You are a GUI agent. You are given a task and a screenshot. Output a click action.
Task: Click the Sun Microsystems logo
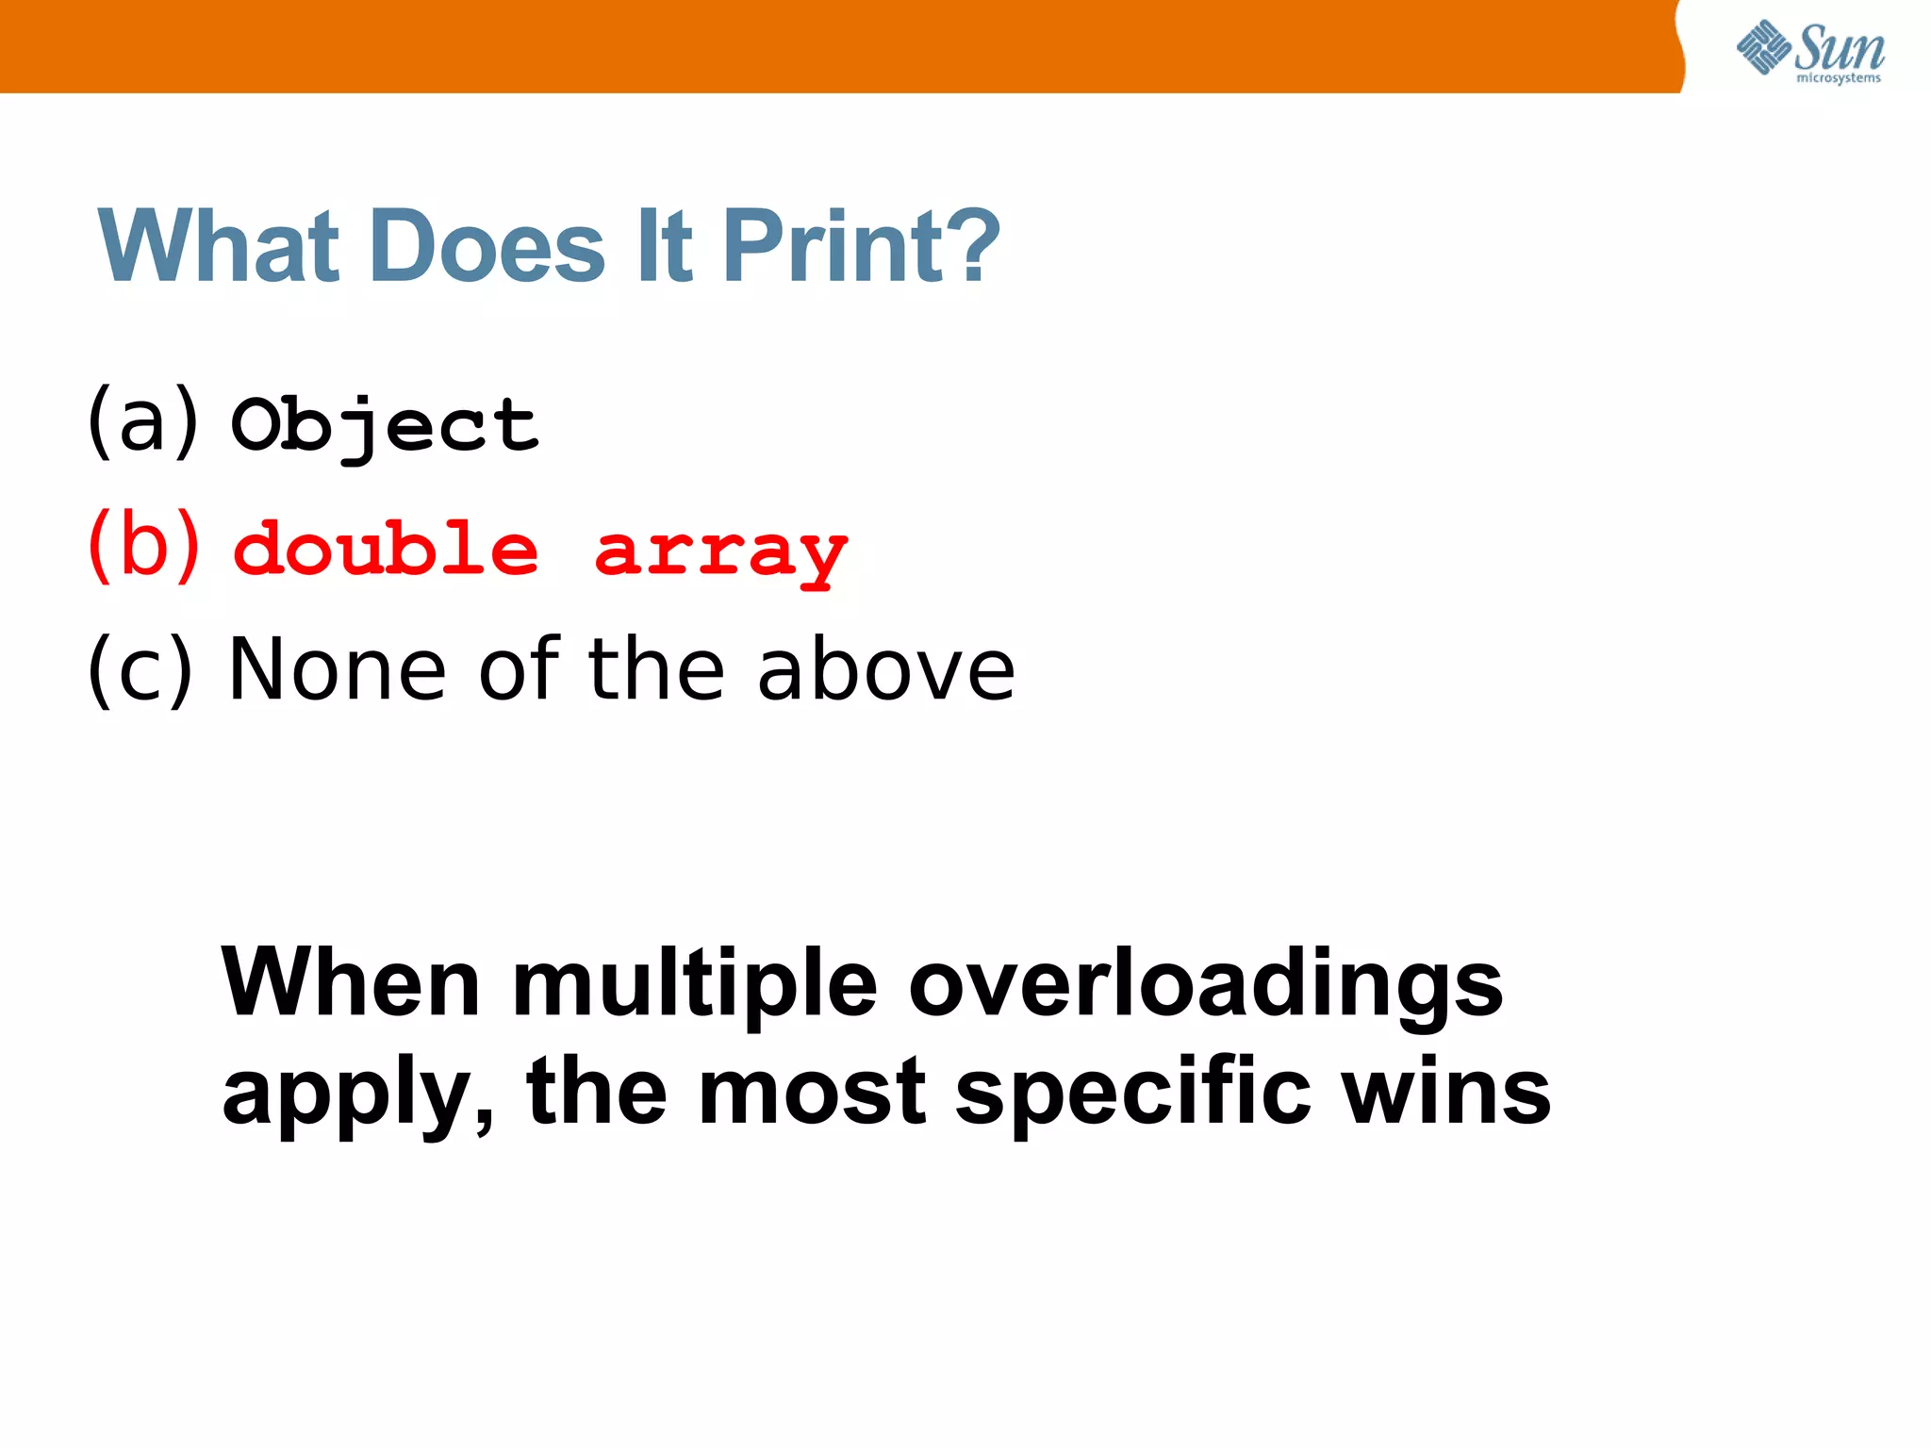coord(1809,51)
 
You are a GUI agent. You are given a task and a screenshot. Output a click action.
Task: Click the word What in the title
coord(218,246)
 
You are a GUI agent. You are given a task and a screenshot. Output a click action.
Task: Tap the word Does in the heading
coord(487,246)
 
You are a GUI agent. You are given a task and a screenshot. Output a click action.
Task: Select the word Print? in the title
coord(860,246)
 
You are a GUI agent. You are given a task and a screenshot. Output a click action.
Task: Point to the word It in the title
coord(665,246)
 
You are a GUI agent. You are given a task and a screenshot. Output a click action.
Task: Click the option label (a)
coord(143,420)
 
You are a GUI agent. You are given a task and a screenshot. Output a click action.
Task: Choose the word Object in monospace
coord(385,427)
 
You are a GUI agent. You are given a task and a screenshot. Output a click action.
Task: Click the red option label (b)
coord(143,545)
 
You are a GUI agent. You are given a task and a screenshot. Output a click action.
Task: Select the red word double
coord(385,549)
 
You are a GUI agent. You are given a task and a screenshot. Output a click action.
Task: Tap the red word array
coord(721,553)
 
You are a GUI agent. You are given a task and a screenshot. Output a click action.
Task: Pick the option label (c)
coord(140,668)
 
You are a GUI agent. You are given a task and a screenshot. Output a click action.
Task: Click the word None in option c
coord(337,668)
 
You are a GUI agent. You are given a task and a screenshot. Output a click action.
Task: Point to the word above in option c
coord(886,668)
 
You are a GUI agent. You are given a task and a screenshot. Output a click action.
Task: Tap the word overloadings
coord(1205,986)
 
